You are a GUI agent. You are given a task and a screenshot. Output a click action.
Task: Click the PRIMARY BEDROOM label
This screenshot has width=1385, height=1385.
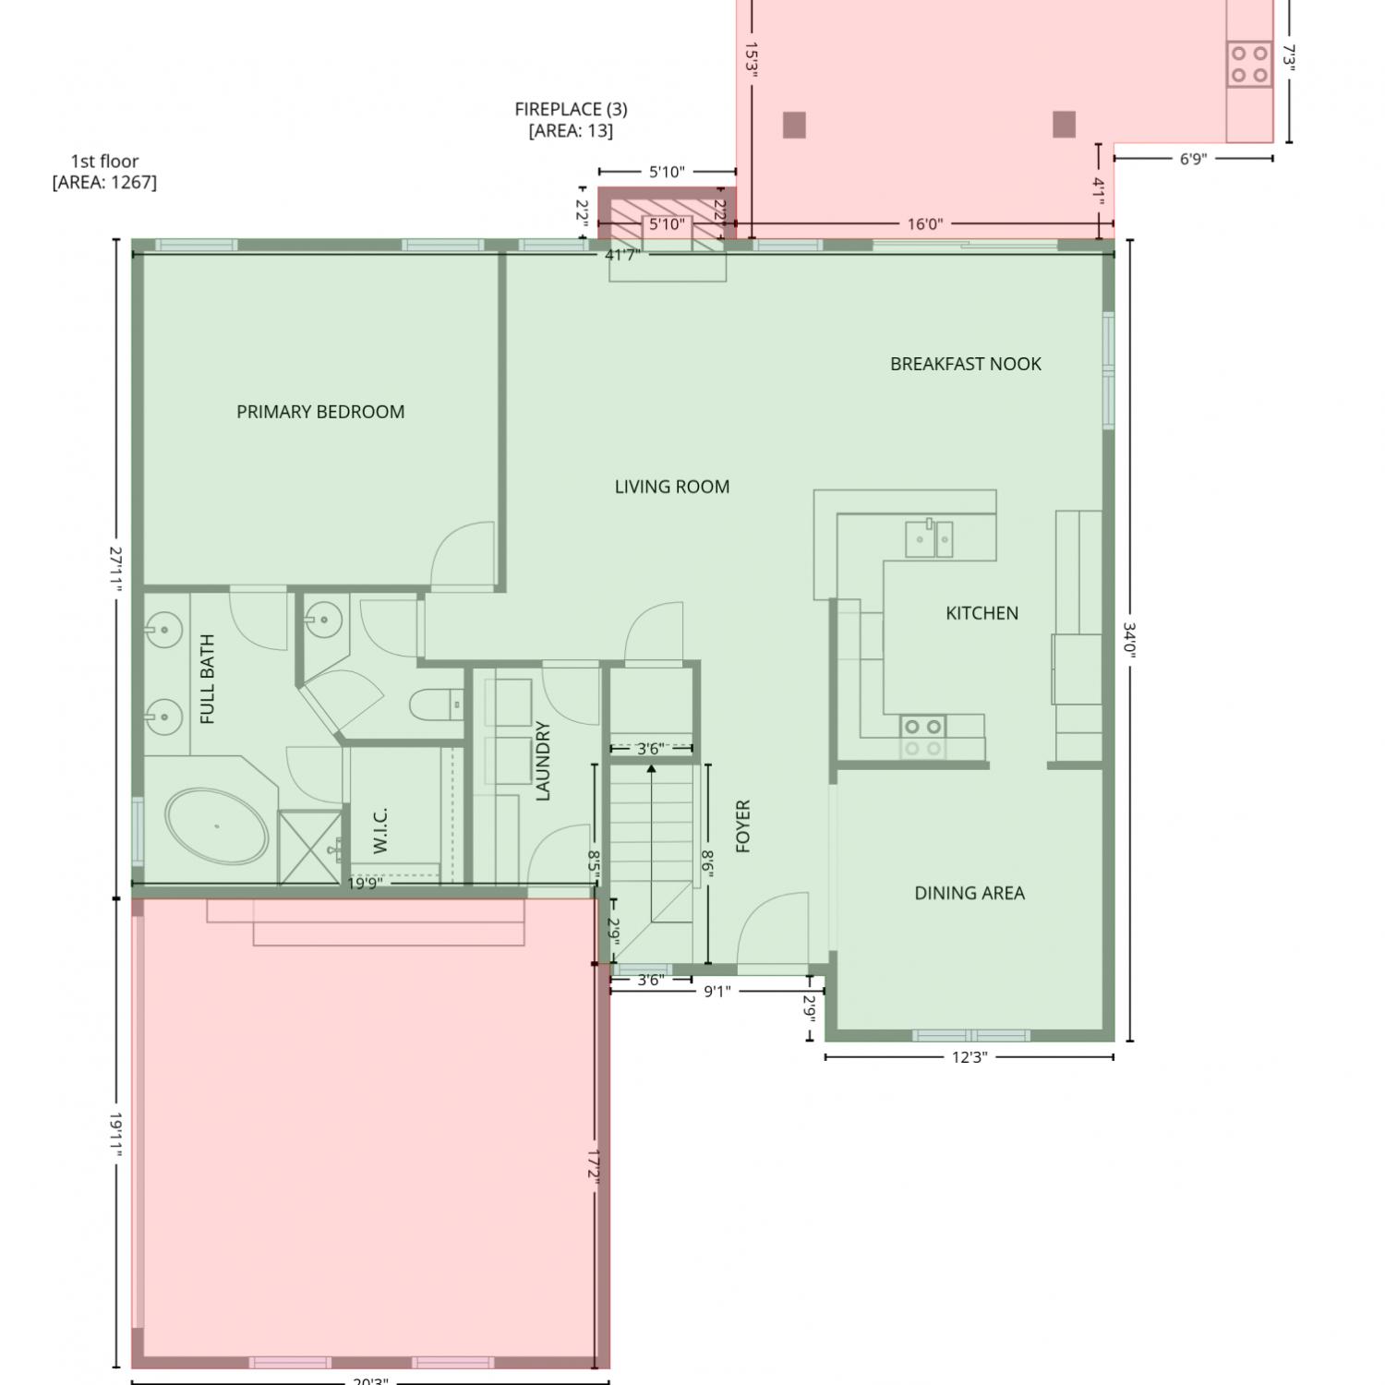point(320,412)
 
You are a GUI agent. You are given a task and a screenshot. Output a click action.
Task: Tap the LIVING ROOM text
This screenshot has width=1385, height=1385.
point(672,487)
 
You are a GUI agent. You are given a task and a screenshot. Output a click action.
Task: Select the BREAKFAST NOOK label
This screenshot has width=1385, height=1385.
point(966,364)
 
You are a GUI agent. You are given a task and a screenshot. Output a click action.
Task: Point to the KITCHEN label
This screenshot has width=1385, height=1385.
point(982,613)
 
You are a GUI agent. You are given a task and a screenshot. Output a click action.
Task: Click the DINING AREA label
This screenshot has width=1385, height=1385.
point(969,893)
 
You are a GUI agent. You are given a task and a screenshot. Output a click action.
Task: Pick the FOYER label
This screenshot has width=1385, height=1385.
point(743,825)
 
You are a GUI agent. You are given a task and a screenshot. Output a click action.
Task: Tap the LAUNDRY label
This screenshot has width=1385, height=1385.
point(543,761)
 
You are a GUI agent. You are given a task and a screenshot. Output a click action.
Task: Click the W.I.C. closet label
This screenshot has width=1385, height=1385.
point(380,830)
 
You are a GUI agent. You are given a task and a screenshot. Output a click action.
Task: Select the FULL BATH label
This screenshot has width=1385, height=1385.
point(208,680)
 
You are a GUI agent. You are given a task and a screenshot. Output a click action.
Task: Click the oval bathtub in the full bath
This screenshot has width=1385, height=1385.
point(217,826)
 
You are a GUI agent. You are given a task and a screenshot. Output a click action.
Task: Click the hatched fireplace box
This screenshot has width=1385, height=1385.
point(667,214)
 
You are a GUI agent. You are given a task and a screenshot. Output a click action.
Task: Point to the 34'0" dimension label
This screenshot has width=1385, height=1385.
point(1129,638)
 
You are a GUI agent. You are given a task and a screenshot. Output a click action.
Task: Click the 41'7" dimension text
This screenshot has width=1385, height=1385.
point(622,255)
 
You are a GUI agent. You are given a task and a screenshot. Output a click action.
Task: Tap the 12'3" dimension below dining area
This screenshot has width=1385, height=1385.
point(969,1057)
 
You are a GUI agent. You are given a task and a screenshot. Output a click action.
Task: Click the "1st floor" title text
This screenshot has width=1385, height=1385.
point(104,162)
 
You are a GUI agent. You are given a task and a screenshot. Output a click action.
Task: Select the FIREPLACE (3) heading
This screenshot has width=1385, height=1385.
point(571,109)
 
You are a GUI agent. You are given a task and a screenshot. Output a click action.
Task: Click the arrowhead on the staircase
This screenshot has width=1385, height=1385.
point(651,768)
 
